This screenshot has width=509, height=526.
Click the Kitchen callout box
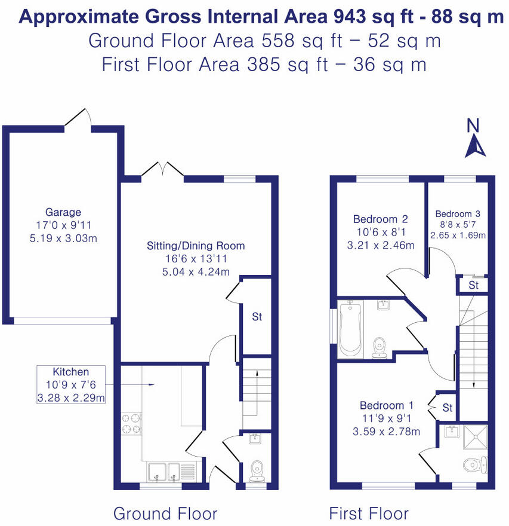click(x=71, y=384)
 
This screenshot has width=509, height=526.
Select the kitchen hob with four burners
click(x=131, y=423)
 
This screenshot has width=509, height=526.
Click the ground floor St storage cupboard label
click(x=257, y=317)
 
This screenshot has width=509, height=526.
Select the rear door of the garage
click(x=78, y=118)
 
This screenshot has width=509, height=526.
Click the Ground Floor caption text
click(x=165, y=513)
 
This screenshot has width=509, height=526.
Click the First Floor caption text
click(x=369, y=513)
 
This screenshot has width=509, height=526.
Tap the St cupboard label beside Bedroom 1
click(x=448, y=408)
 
